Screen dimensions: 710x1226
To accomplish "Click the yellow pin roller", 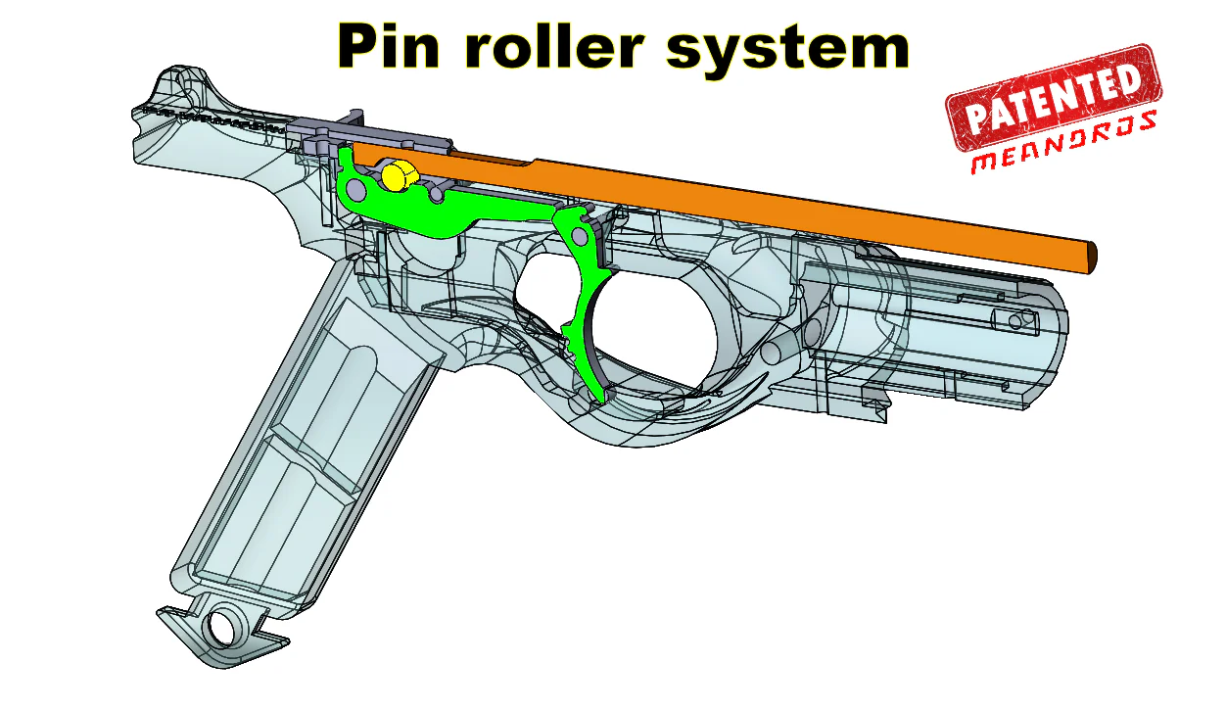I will click(397, 176).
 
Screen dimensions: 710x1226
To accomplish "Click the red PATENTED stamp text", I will click(1054, 99).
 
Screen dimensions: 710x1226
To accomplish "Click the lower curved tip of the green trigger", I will click(599, 395).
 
